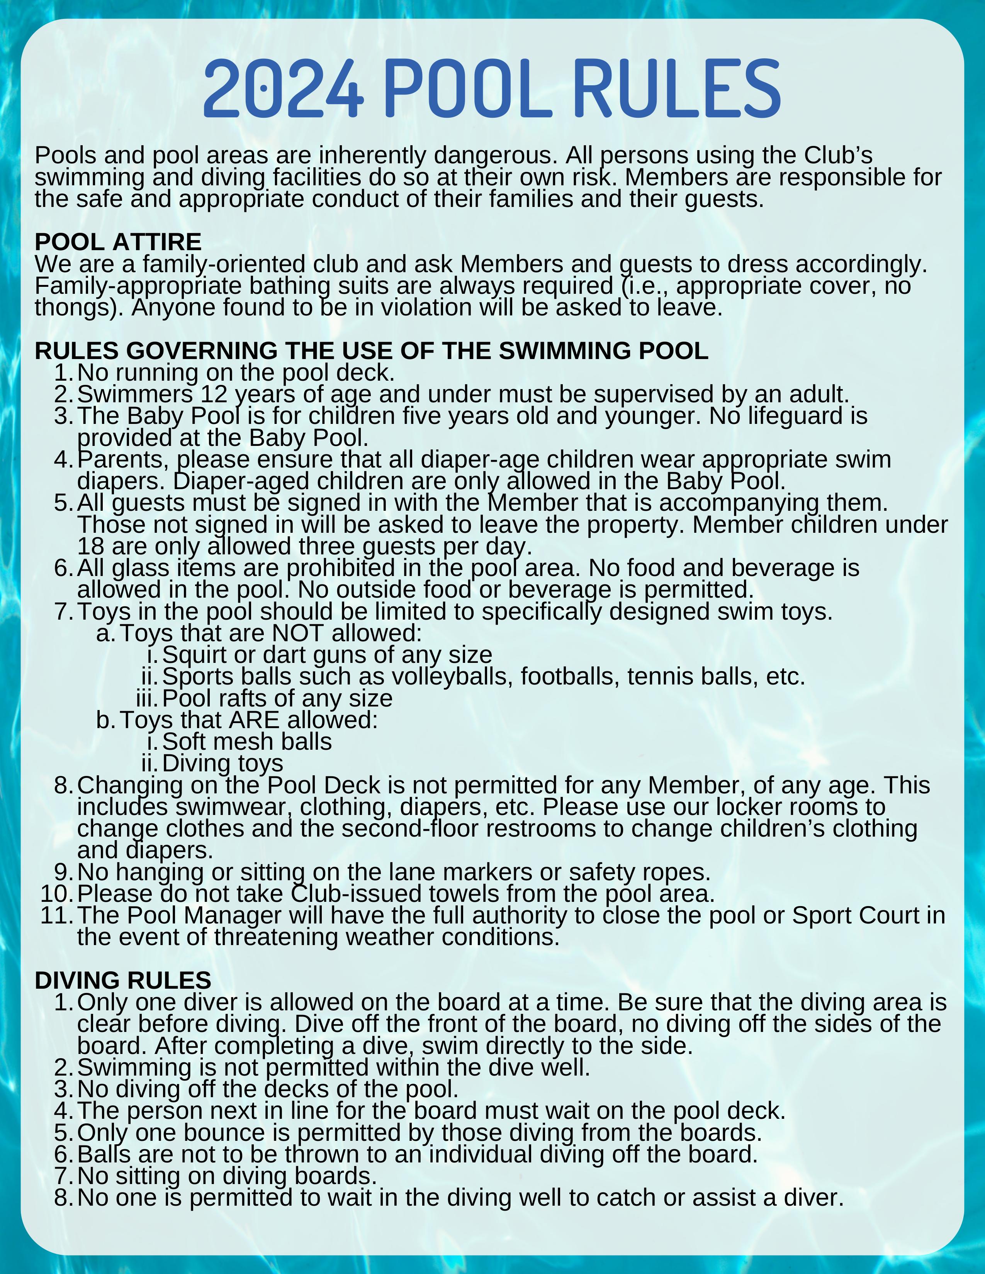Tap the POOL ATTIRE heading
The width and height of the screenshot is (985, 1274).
[x=118, y=242]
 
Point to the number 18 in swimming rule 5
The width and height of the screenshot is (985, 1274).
[x=90, y=547]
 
